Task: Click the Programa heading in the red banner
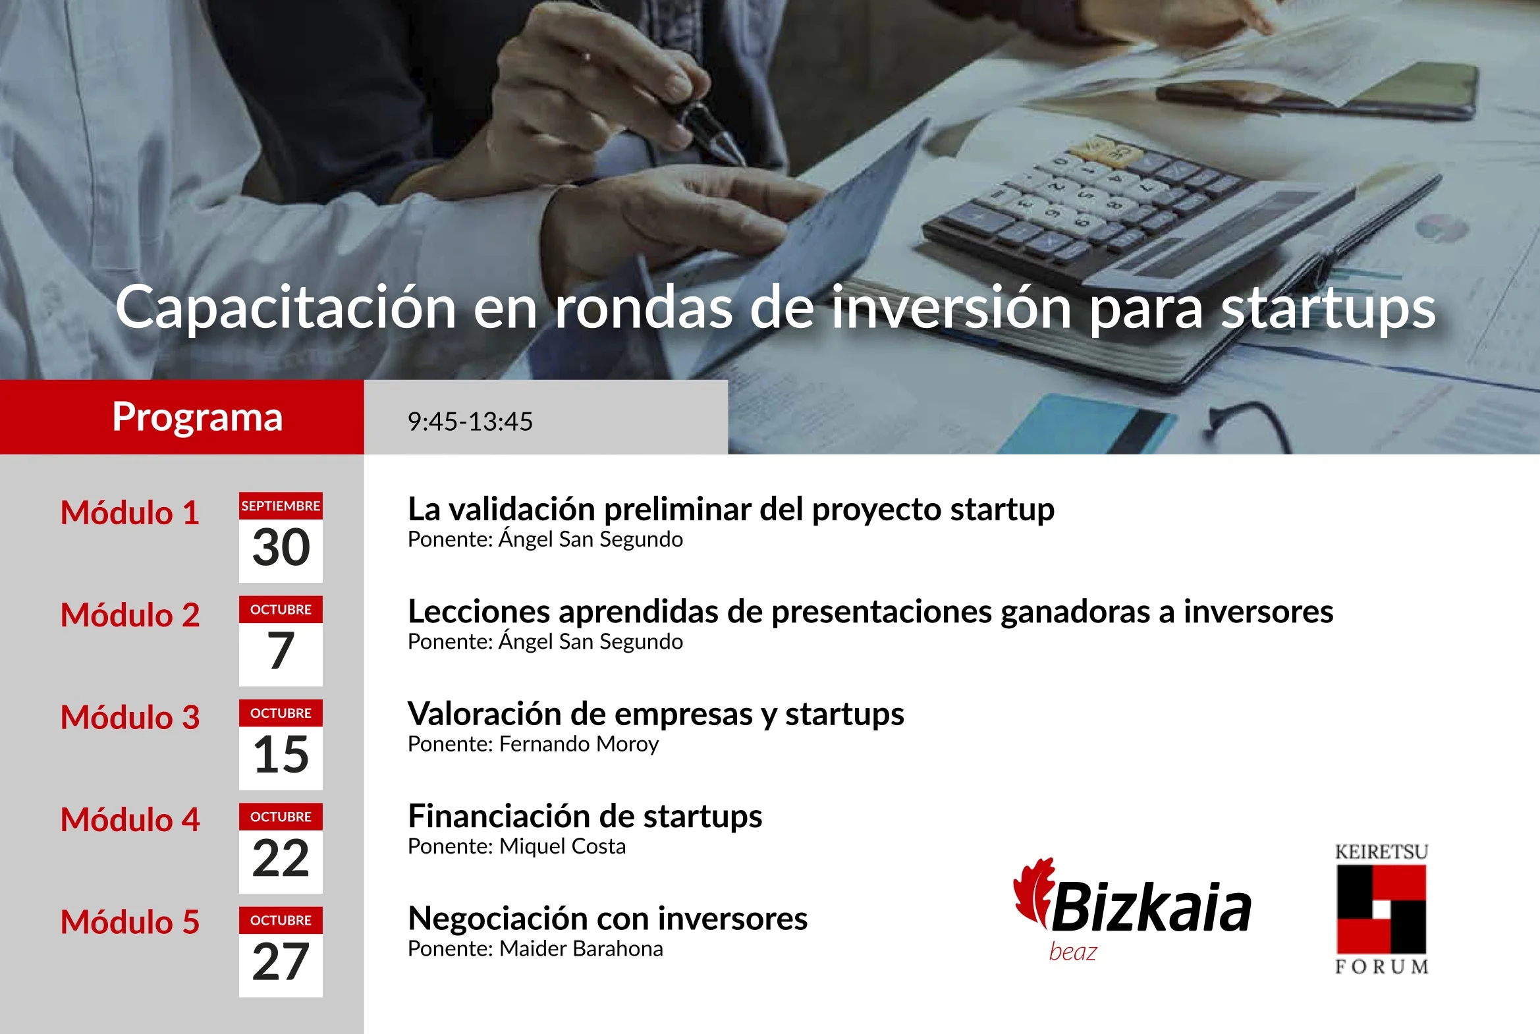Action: tap(197, 418)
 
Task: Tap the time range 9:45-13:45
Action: tap(470, 422)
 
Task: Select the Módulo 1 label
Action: tap(130, 512)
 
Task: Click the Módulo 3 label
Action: tap(130, 717)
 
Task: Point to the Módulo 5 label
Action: tap(130, 921)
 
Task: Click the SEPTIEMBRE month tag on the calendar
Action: tap(281, 506)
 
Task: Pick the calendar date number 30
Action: tap(281, 547)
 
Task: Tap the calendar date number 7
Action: tap(281, 651)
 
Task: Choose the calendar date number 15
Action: tap(281, 754)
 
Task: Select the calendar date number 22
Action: tap(281, 858)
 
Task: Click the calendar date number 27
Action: tap(281, 962)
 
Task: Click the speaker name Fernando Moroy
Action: tap(579, 744)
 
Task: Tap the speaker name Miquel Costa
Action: tap(563, 846)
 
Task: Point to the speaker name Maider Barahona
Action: tap(581, 948)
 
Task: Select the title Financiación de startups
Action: tap(585, 817)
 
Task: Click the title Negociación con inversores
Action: tap(607, 919)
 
